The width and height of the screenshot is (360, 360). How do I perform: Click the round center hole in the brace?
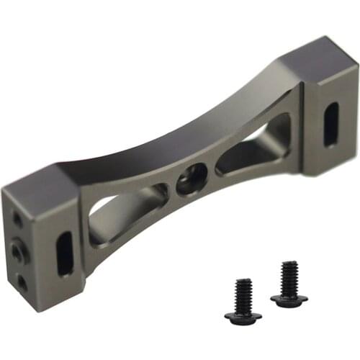[192, 177]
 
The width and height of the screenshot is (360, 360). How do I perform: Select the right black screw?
[289, 284]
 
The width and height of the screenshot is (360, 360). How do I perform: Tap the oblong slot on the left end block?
[66, 253]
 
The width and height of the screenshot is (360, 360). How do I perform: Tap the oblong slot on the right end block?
[330, 124]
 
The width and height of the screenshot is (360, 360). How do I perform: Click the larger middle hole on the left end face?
[17, 250]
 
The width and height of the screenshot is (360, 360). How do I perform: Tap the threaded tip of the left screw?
[243, 282]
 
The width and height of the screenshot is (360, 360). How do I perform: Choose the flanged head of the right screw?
[289, 298]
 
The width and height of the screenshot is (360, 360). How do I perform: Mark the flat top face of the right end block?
[317, 61]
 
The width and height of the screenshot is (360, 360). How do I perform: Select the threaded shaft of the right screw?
[289, 277]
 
